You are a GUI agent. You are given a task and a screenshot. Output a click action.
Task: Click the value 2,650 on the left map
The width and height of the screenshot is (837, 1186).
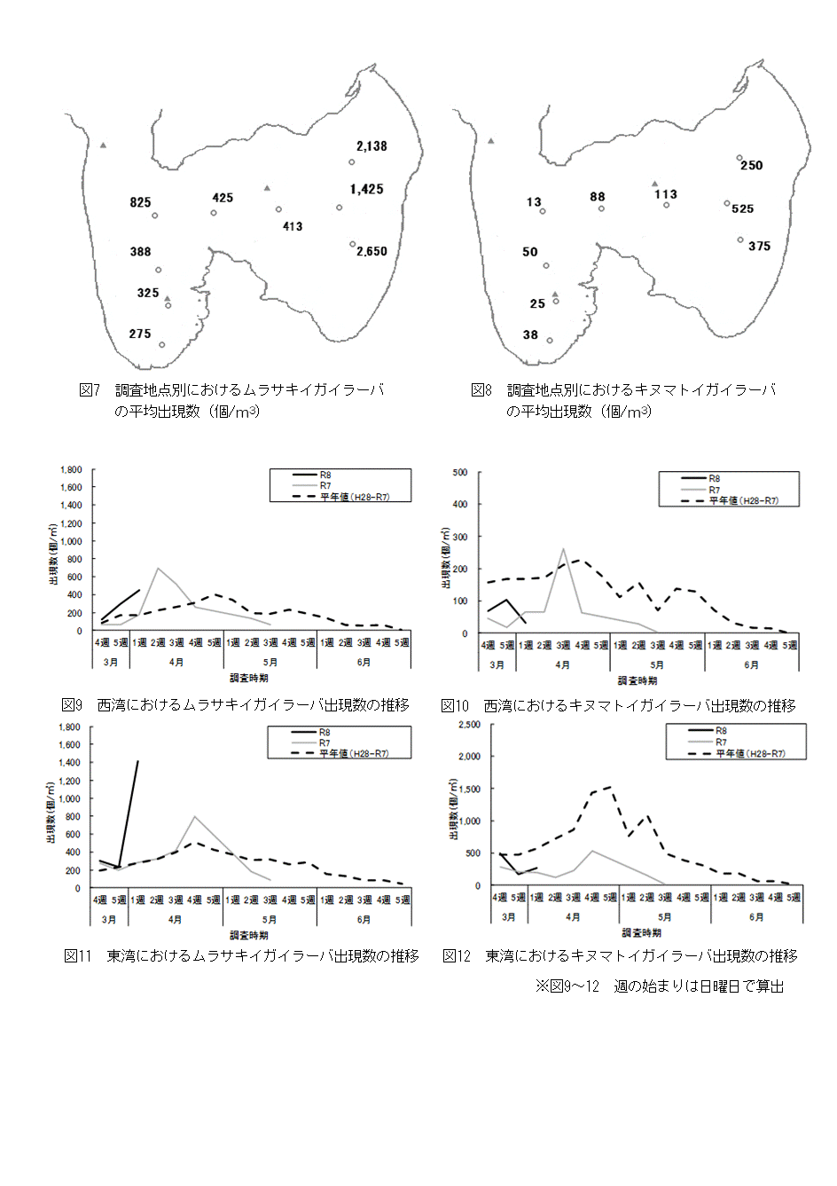(x=372, y=251)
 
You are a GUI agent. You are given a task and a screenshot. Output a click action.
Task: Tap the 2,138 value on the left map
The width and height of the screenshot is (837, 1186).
(x=372, y=146)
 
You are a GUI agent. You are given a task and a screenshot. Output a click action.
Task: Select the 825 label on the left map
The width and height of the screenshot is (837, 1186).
(x=140, y=202)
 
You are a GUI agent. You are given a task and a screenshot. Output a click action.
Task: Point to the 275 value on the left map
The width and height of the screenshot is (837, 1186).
(x=140, y=334)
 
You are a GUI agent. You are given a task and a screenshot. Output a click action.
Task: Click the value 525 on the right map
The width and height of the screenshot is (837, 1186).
(x=742, y=208)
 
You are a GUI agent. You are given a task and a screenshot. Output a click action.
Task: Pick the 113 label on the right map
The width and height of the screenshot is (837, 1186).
(x=665, y=194)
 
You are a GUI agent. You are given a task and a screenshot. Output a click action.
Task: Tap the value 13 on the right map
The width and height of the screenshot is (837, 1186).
(x=533, y=202)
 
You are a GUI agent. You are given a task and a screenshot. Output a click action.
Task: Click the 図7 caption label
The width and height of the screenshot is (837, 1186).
(x=90, y=390)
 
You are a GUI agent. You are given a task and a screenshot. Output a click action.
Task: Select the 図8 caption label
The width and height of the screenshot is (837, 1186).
(x=481, y=390)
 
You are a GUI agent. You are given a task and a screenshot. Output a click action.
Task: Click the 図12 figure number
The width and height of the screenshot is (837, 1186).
(x=456, y=955)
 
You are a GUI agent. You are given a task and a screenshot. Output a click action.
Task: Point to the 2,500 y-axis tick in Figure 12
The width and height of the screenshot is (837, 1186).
(x=467, y=725)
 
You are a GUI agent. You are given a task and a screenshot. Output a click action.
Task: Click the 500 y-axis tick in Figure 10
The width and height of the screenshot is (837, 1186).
(x=460, y=473)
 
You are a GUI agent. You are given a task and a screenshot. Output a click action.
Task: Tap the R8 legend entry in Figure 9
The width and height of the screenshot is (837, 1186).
(x=325, y=475)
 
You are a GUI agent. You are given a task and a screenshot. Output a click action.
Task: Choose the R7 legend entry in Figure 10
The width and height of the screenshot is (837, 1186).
(x=714, y=490)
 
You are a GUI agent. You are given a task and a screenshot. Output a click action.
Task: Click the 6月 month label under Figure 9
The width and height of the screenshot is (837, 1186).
(x=364, y=662)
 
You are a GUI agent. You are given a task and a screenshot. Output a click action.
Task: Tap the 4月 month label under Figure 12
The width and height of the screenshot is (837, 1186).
(x=573, y=916)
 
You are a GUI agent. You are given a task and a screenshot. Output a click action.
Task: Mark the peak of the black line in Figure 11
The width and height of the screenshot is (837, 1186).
(x=137, y=761)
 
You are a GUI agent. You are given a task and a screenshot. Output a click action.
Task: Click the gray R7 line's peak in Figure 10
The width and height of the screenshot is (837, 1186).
(x=564, y=549)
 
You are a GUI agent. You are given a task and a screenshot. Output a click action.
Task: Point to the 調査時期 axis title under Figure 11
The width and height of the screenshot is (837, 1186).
(x=249, y=935)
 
